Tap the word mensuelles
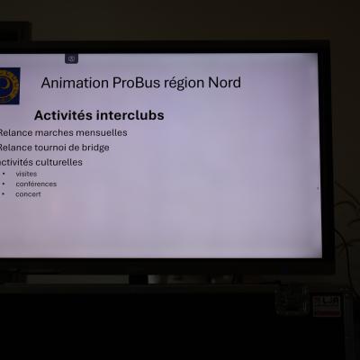(100, 132)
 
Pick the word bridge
(93, 147)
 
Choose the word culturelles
(56, 162)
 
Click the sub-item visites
(27, 174)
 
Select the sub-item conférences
(36, 184)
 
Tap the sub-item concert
(28, 193)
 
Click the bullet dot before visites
(4, 174)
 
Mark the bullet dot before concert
(4, 193)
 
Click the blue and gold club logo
(8, 85)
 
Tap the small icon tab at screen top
(71, 58)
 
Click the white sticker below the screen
(328, 304)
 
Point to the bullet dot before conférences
(4, 184)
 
